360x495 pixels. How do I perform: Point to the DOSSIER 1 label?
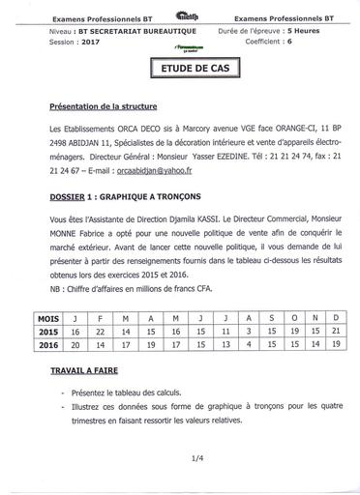click(x=73, y=194)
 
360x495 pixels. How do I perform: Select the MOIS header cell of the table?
click(x=47, y=317)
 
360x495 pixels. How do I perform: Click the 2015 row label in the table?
click(x=47, y=330)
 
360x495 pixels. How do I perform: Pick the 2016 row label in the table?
click(x=47, y=343)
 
